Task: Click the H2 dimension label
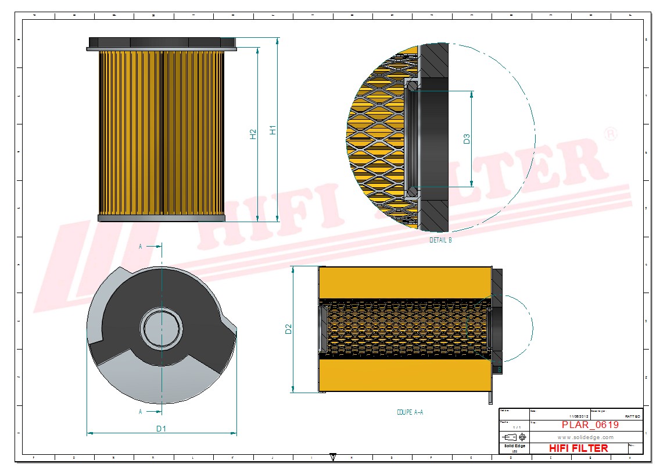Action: pyautogui.click(x=253, y=134)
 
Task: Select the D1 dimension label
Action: pyautogui.click(x=161, y=429)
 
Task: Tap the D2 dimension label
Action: pyautogui.click(x=288, y=329)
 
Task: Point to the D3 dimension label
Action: pyautogui.click(x=467, y=139)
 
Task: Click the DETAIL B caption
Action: pyautogui.click(x=440, y=240)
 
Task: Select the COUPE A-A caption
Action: pyautogui.click(x=410, y=412)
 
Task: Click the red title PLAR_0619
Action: pyautogui.click(x=590, y=425)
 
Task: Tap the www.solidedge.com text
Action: pyautogui.click(x=585, y=437)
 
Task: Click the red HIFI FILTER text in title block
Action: pyautogui.click(x=578, y=448)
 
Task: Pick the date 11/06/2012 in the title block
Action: pyautogui.click(x=579, y=416)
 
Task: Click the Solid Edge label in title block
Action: pyautogui.click(x=514, y=446)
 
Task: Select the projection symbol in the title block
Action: pyautogui.click(x=515, y=437)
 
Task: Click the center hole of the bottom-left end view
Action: pyautogui.click(x=160, y=328)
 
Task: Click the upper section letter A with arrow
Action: pyautogui.click(x=141, y=247)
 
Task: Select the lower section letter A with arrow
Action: pyautogui.click(x=141, y=412)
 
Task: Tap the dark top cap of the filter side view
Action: pyautogui.click(x=162, y=43)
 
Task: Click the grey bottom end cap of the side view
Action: pyautogui.click(x=162, y=218)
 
